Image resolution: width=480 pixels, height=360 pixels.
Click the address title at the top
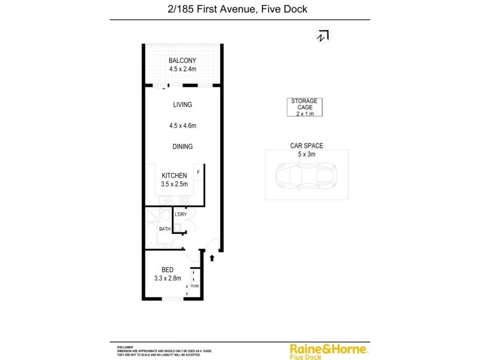tap(239, 9)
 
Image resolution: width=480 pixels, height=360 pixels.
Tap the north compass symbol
tap(323, 36)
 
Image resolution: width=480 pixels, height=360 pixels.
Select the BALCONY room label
tap(182, 61)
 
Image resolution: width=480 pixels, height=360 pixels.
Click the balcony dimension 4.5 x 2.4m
tap(182, 70)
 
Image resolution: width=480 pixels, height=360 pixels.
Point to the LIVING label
tap(182, 104)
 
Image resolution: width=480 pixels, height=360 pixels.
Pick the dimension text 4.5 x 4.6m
tap(183, 126)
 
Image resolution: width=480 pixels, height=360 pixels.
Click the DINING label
tap(182, 146)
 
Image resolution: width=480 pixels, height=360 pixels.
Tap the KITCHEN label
tap(174, 176)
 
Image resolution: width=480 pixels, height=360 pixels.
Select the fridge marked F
tap(199, 172)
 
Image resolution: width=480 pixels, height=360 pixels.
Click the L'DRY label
tap(181, 214)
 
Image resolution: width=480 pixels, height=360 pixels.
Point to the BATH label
tap(164, 229)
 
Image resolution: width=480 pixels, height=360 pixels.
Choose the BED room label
tap(167, 270)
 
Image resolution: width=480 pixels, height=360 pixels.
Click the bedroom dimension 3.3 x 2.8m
tap(168, 278)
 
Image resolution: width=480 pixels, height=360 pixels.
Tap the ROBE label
tap(194, 286)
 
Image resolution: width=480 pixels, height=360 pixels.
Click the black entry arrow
tap(211, 257)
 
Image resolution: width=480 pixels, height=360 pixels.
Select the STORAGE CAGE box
tap(304, 107)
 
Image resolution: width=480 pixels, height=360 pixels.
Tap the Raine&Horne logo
tap(329, 350)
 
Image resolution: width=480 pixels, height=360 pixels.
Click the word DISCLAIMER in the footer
tap(124, 347)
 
